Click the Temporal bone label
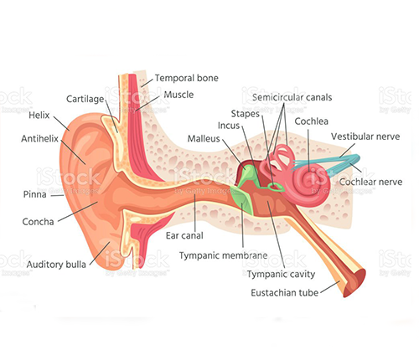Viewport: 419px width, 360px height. pyautogui.click(x=187, y=78)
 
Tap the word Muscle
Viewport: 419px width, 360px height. pyautogui.click(x=178, y=95)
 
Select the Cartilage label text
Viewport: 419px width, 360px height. pyautogui.click(x=85, y=99)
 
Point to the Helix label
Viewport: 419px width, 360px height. pyautogui.click(x=39, y=115)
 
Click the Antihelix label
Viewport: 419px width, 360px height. pyautogui.click(x=39, y=138)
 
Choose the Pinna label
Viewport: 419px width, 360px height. pyautogui.click(x=34, y=194)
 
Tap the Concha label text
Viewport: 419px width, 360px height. pyautogui.click(x=38, y=222)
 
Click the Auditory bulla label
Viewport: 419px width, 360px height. pyautogui.click(x=56, y=265)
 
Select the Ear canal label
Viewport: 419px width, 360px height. pyautogui.click(x=184, y=235)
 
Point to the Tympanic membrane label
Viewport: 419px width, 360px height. pyautogui.click(x=223, y=255)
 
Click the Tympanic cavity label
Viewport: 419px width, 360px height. pyautogui.click(x=281, y=274)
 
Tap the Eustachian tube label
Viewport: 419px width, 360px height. pyautogui.click(x=284, y=293)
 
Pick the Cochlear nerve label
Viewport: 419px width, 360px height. pyautogui.click(x=370, y=182)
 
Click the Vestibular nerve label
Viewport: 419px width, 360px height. pyautogui.click(x=365, y=136)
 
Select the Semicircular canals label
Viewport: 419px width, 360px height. pyautogui.click(x=292, y=97)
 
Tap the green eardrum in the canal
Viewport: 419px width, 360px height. pyautogui.click(x=242, y=200)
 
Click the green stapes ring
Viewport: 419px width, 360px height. pyautogui.click(x=275, y=188)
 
